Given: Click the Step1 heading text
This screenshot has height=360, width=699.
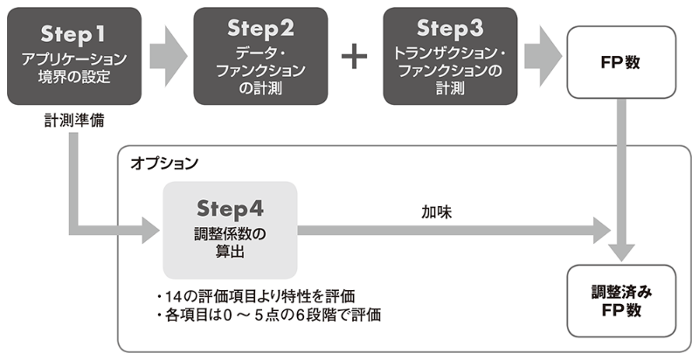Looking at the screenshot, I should click(x=73, y=33).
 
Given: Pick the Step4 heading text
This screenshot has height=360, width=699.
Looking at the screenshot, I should click(x=231, y=209).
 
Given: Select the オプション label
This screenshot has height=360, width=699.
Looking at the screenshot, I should click(x=164, y=163).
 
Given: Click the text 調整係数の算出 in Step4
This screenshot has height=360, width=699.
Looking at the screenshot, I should click(x=231, y=242).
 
